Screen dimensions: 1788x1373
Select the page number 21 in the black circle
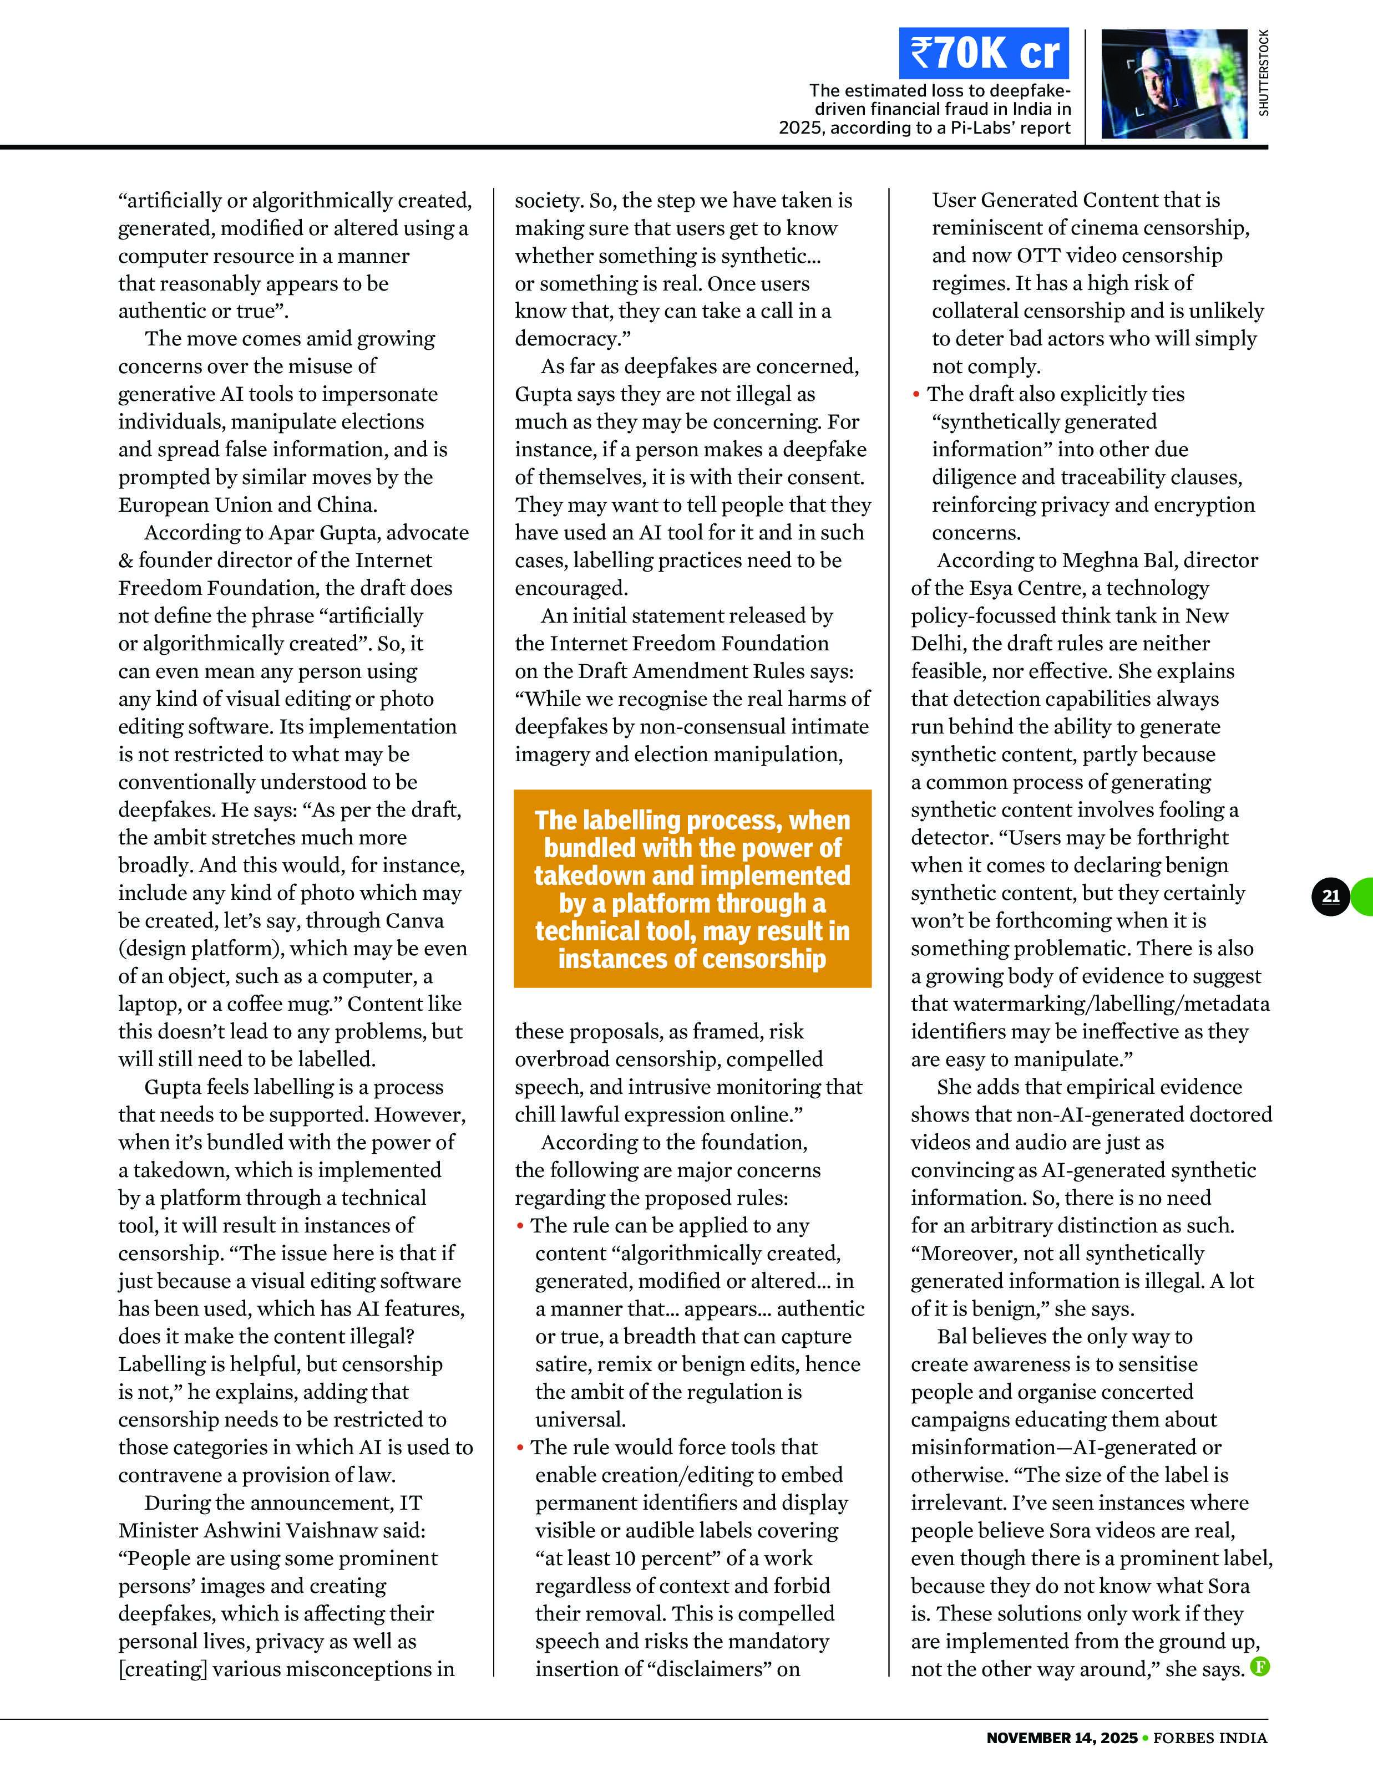(1330, 896)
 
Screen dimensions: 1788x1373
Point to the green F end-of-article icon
(1260, 1666)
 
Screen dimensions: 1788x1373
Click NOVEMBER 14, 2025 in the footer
(1061, 1738)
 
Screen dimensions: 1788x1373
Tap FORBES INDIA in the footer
(1209, 1738)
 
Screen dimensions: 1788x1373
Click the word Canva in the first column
(413, 920)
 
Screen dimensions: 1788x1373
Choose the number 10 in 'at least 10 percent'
(625, 1558)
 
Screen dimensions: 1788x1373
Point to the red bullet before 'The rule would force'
(520, 1448)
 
